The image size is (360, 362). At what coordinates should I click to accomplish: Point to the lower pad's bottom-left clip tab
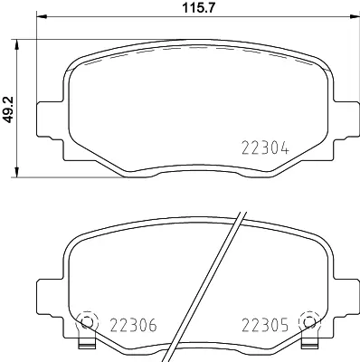88,345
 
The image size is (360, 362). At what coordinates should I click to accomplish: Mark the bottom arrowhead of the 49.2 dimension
20,172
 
